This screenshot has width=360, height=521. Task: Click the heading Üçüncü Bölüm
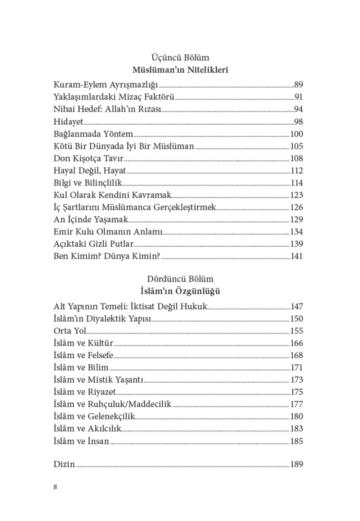pos(180,58)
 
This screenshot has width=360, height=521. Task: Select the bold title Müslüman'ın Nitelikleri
pos(180,70)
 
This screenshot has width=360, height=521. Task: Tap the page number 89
pos(299,85)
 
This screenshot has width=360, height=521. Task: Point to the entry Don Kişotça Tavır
pos(89,159)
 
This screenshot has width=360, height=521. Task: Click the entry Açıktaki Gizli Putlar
pos(93,245)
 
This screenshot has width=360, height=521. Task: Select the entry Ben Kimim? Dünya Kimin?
pos(107,257)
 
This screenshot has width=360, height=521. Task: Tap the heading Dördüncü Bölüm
pos(180,279)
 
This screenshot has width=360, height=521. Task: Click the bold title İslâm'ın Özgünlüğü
pos(180,291)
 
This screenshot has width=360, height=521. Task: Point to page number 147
pos(297,306)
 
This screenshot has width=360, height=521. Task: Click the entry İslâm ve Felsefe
pos(83,355)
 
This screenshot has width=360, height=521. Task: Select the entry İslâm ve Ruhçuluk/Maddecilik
pos(113,404)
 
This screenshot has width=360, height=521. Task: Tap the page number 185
pos(297,441)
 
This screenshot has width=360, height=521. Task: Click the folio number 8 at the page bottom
pos(55,487)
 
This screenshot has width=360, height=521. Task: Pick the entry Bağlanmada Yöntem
pos(93,134)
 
